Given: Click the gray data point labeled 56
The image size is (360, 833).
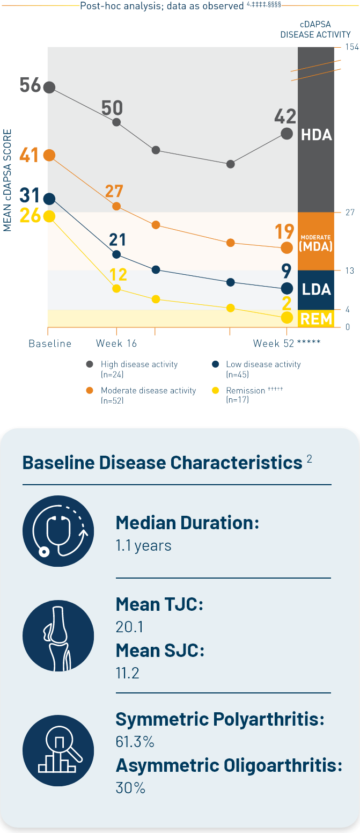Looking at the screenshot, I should (49, 87).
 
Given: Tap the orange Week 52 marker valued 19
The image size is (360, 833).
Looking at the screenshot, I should (287, 247).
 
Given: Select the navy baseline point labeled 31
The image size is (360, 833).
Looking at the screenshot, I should (49, 199).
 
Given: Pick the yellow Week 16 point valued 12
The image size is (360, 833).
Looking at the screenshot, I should (116, 289).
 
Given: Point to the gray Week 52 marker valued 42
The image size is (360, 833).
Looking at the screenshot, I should (287, 134).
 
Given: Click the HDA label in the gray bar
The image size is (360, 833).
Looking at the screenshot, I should (316, 135).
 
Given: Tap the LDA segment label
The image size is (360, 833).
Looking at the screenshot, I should (316, 290).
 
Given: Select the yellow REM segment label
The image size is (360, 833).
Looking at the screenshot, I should (316, 319).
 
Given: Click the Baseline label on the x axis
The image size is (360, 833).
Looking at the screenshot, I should (50, 344).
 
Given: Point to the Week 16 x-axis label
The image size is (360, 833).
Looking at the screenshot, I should (116, 344).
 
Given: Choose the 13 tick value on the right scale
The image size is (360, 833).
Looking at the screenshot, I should (349, 271).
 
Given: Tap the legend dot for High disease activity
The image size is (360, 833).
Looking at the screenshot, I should (90, 364).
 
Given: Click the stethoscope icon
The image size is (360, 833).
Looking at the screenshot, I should (58, 531).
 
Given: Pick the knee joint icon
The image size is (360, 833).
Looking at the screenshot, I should (58, 635).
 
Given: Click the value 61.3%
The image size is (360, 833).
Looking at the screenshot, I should (135, 742).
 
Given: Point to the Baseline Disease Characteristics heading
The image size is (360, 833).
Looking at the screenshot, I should (162, 463).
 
